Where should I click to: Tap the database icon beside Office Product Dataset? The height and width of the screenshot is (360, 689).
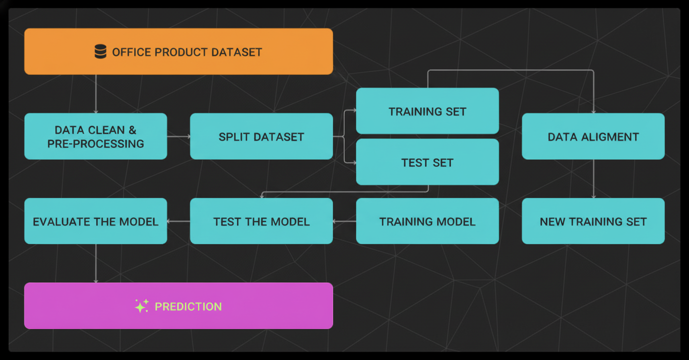pos(100,51)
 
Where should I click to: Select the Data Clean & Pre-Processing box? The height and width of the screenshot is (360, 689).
pos(95,136)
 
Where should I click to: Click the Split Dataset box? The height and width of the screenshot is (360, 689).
pos(261,136)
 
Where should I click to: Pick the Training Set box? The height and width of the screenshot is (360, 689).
pos(427,111)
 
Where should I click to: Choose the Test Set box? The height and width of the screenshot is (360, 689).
pos(427,162)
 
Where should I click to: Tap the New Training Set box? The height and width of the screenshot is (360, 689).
pos(593,222)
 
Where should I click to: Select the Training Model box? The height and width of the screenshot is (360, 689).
pos(427,222)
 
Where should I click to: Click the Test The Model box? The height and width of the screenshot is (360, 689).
pos(261,222)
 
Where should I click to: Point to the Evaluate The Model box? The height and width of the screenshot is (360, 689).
pos(95,222)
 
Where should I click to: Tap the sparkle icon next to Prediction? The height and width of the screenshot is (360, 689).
pos(141,306)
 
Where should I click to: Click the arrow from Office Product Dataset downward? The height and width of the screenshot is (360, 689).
pos(95,94)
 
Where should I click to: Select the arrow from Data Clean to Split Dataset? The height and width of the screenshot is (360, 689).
pos(179,136)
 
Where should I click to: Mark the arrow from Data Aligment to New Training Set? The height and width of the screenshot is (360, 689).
pos(594,179)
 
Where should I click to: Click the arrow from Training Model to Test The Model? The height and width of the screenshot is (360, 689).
pos(344,222)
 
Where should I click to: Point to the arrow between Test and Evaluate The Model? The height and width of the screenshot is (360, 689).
pos(179,222)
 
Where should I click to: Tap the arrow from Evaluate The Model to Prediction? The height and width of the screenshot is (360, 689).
pos(95,263)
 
